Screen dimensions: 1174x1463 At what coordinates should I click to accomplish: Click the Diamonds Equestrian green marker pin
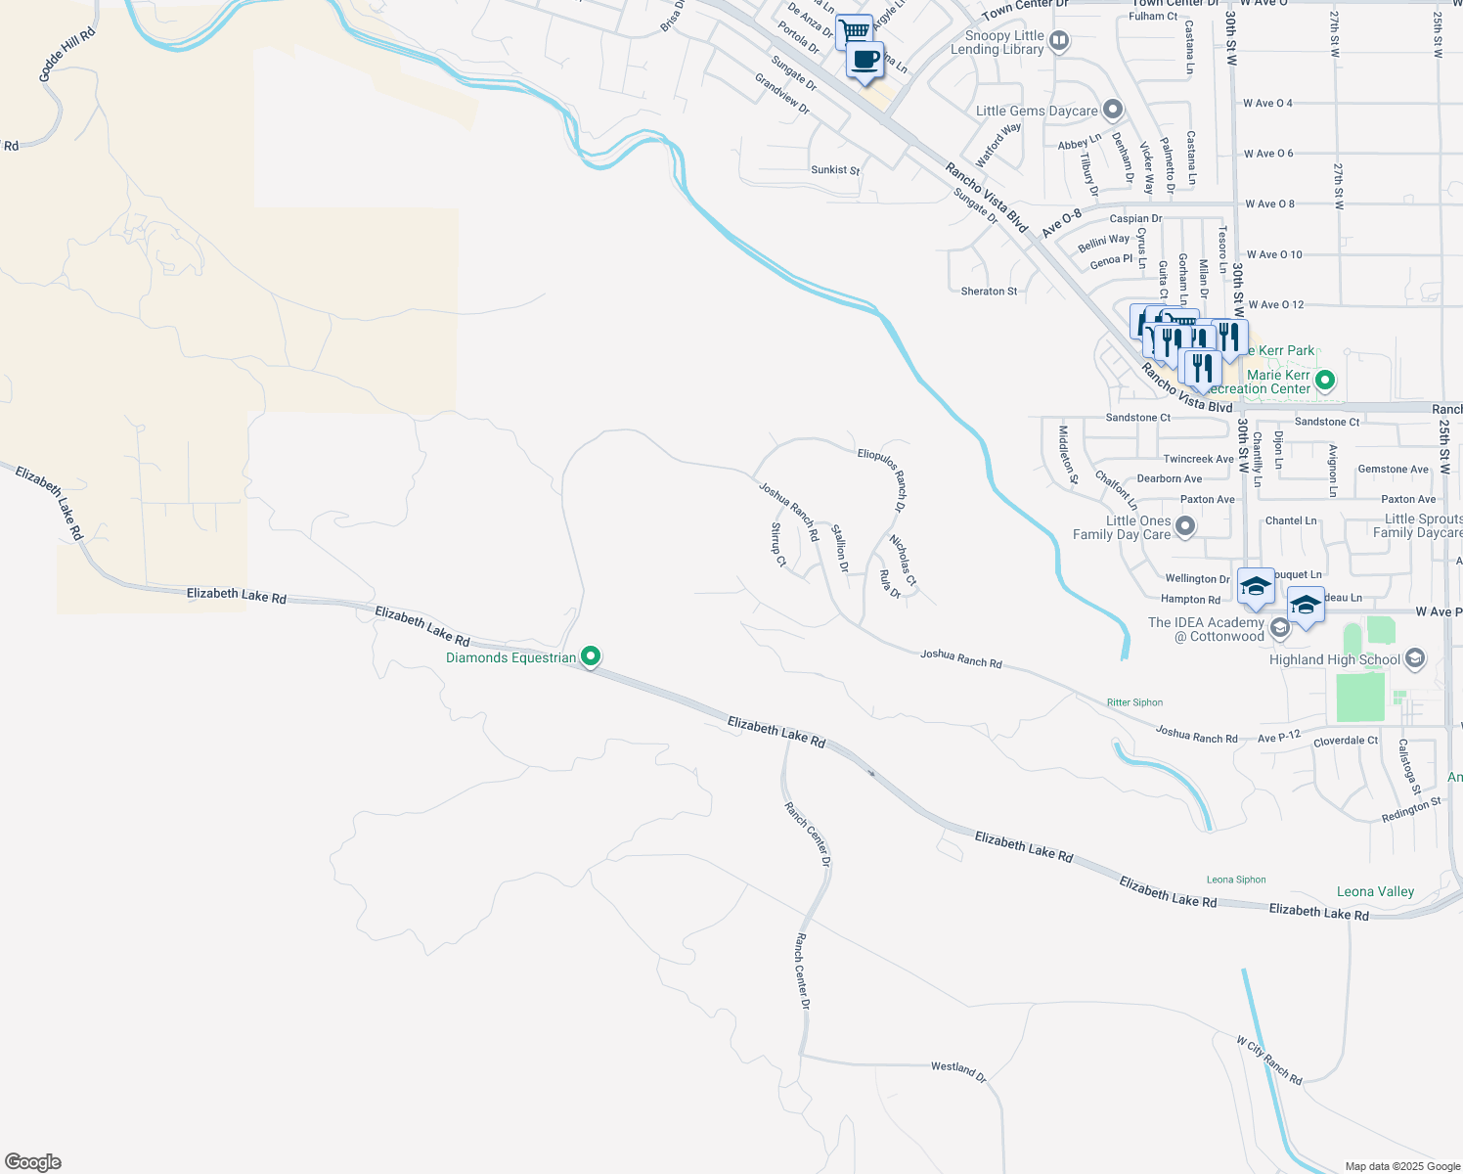pyautogui.click(x=591, y=656)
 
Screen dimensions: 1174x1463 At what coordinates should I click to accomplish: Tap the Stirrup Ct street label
pyautogui.click(x=778, y=544)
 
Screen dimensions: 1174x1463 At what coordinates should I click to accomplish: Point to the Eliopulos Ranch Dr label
pyautogui.click(x=882, y=479)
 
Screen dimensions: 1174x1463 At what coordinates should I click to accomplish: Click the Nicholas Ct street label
pyautogui.click(x=903, y=561)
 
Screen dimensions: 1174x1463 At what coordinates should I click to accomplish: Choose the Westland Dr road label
pyautogui.click(x=958, y=1071)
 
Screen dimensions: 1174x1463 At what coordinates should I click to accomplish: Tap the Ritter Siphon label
pyautogui.click(x=1134, y=702)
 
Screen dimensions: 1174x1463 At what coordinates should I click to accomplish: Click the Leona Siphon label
pyautogui.click(x=1236, y=880)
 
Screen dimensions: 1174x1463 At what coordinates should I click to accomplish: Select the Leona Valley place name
pyautogui.click(x=1375, y=891)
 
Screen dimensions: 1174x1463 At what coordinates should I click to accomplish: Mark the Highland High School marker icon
pyautogui.click(x=1414, y=659)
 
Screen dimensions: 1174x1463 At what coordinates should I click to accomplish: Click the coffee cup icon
pyautogui.click(x=864, y=60)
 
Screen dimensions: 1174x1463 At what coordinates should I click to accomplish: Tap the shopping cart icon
pyautogui.click(x=855, y=30)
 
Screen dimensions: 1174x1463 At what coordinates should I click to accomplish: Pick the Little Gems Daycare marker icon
pyautogui.click(x=1112, y=110)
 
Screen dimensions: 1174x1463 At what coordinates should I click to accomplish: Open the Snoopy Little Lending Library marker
pyautogui.click(x=1059, y=41)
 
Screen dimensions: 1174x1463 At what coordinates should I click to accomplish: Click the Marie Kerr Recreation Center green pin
pyautogui.click(x=1325, y=380)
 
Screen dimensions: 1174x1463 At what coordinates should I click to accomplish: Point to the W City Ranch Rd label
pyautogui.click(x=1268, y=1061)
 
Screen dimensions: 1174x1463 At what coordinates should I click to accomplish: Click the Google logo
pyautogui.click(x=33, y=1162)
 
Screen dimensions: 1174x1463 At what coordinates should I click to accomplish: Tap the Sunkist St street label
pyautogui.click(x=835, y=170)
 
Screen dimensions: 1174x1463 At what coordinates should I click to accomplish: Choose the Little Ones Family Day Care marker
pyautogui.click(x=1185, y=527)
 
